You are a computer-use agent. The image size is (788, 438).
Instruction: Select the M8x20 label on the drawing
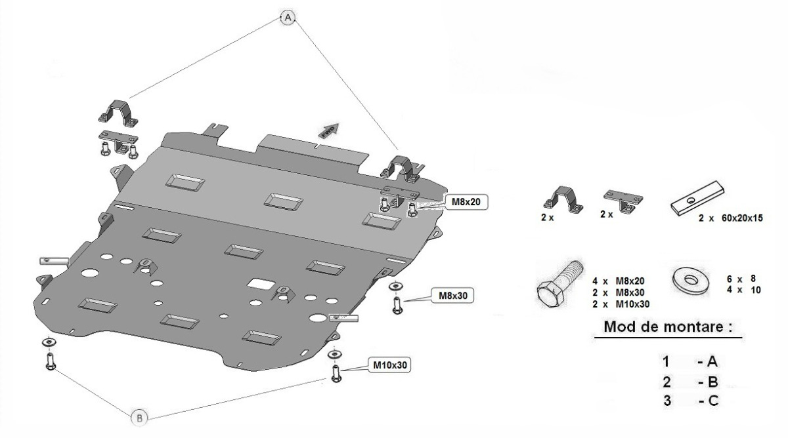[466, 202]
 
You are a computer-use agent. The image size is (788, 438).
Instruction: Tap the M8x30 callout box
[452, 296]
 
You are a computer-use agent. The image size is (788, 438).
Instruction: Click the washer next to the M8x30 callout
[396, 287]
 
